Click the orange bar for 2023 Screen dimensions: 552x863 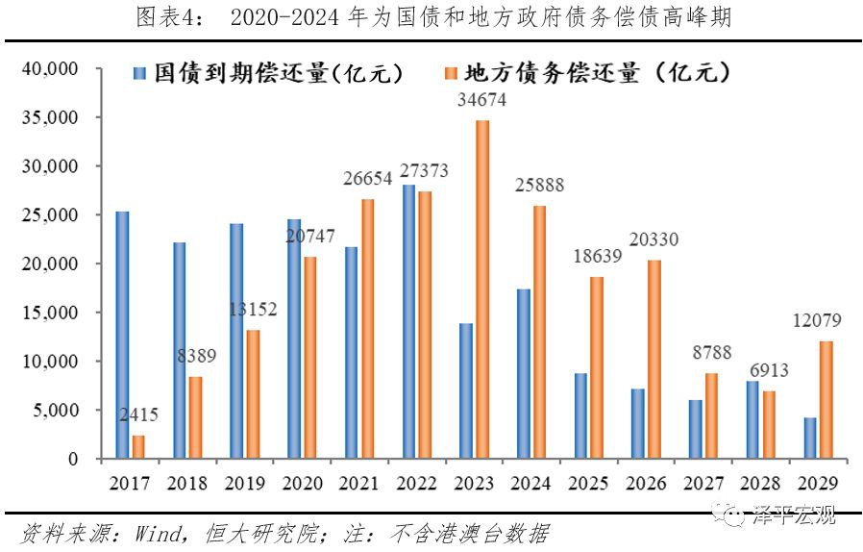click(x=482, y=289)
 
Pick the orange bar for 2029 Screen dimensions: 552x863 click(x=826, y=400)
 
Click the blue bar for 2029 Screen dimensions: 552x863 click(x=810, y=438)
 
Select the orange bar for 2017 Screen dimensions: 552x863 click(x=138, y=447)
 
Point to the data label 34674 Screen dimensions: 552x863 click(x=482, y=100)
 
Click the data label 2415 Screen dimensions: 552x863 click(x=138, y=415)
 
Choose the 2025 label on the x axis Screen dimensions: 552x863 click(x=589, y=483)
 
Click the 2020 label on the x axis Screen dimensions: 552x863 click(x=303, y=483)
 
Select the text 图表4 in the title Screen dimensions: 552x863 click(x=161, y=17)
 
